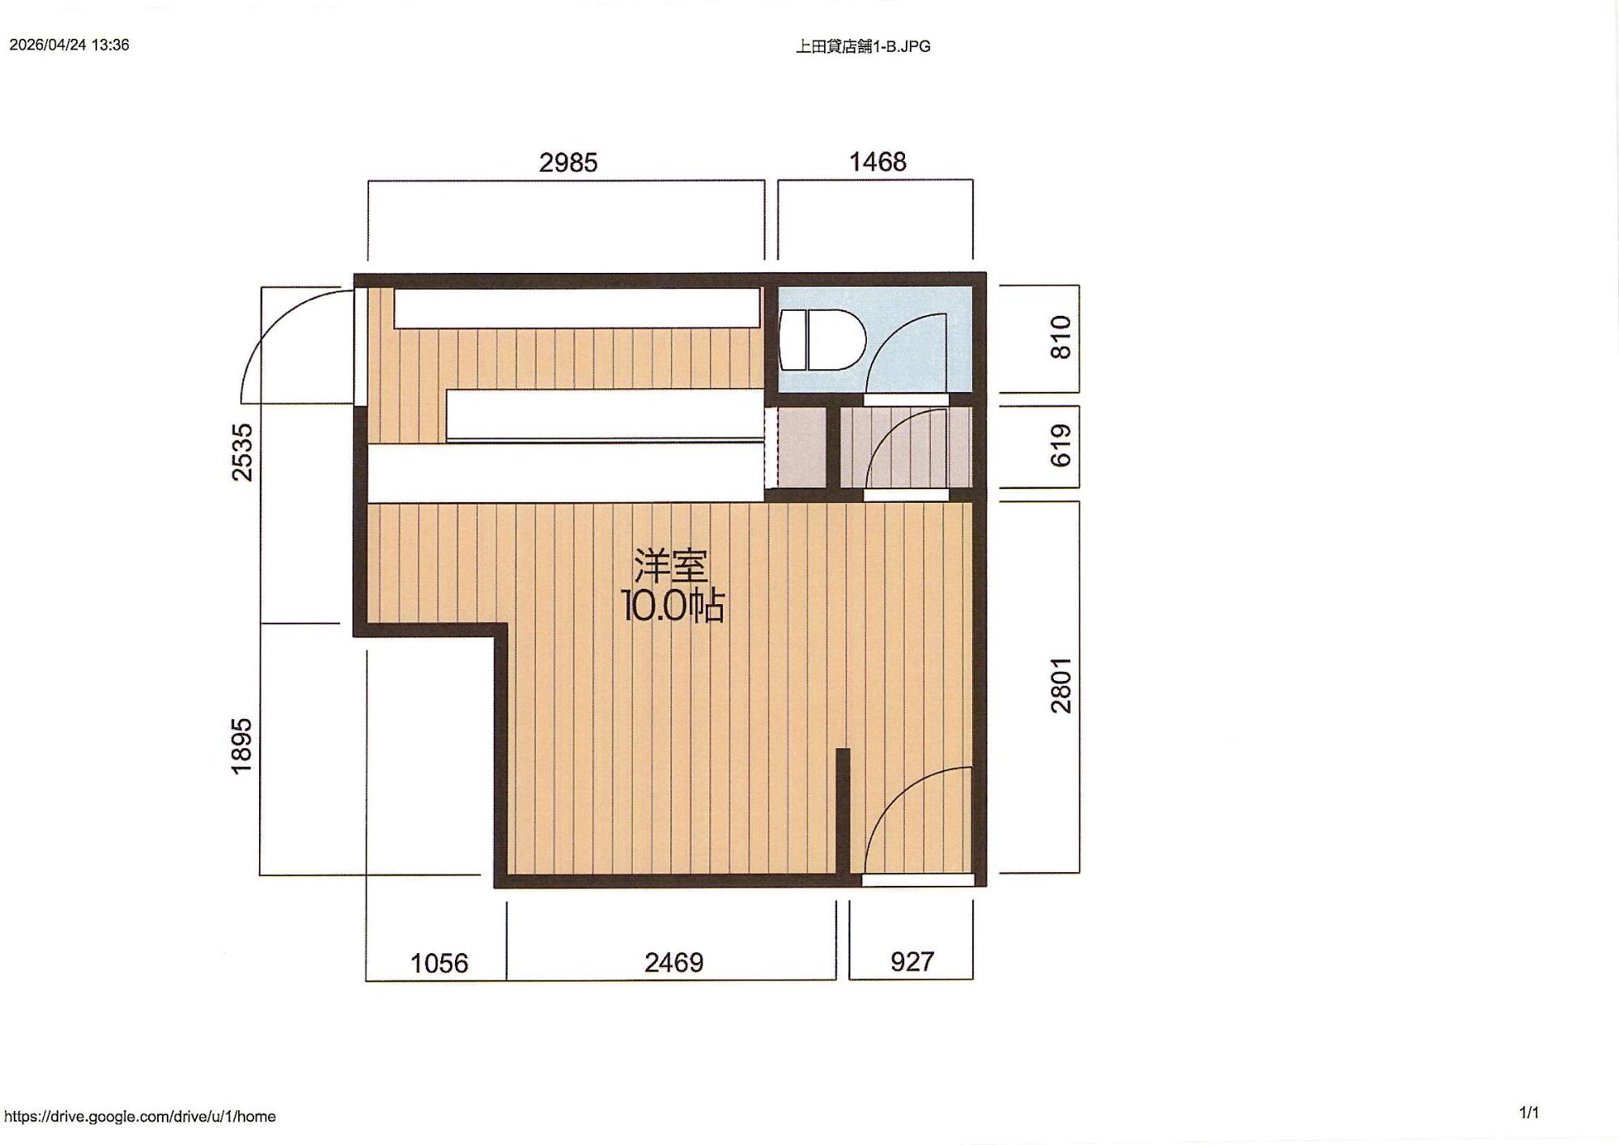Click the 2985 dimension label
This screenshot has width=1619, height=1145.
click(x=568, y=163)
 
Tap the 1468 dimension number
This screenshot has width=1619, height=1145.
click(x=877, y=162)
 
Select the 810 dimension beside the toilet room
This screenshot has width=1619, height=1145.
click(x=1060, y=338)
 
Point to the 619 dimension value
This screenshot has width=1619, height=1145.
click(x=1060, y=445)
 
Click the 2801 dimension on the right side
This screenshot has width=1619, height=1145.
click(x=1060, y=685)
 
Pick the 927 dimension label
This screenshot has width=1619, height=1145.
click(x=912, y=962)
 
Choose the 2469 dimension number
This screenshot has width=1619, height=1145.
click(x=674, y=962)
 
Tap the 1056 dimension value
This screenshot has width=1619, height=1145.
click(x=440, y=963)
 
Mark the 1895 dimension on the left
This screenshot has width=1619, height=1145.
click(x=242, y=747)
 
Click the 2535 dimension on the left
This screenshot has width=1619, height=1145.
click(x=242, y=453)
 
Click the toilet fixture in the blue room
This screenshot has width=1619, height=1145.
click(x=822, y=340)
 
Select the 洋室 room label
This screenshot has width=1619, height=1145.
click(x=671, y=566)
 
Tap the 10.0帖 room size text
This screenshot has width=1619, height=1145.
click(x=672, y=605)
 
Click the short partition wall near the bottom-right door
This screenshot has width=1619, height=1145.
click(x=843, y=812)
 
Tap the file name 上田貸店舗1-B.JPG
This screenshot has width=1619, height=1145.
click(x=863, y=46)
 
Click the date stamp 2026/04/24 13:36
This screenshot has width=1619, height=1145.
click(x=70, y=45)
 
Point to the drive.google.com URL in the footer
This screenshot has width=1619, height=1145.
click(x=140, y=1117)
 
